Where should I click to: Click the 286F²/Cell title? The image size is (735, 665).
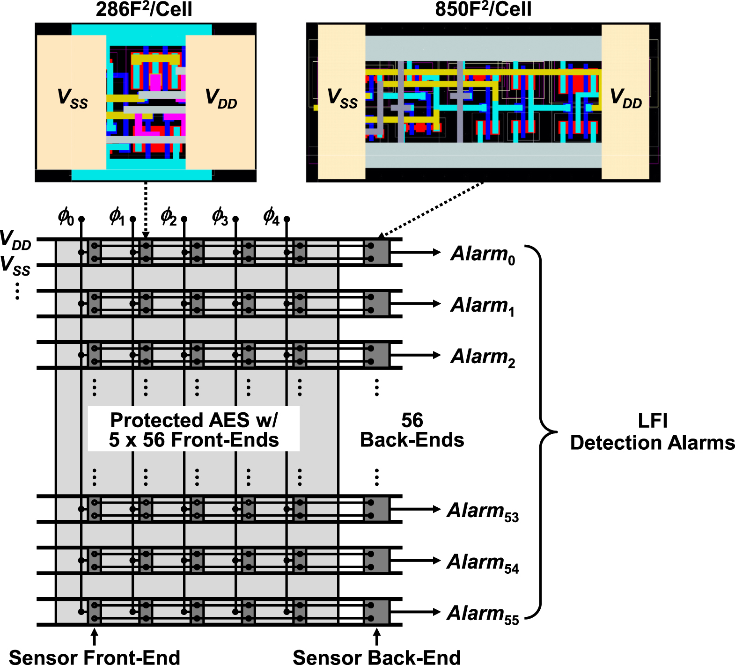coord(144,9)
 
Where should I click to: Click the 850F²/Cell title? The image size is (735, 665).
coord(483,9)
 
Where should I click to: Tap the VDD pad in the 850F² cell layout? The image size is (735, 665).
coord(625,101)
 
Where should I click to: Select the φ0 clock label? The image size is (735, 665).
coord(66,217)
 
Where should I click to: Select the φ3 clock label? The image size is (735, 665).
coord(220,217)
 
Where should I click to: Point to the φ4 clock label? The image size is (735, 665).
coord(271,217)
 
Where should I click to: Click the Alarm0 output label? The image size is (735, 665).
coord(483,254)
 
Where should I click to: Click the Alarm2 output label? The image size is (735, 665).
coord(483,357)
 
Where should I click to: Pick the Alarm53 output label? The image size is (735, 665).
coord(483,511)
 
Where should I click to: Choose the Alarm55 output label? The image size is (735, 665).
coord(483,614)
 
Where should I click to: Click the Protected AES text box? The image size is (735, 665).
coord(194,430)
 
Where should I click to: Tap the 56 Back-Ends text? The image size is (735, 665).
coord(412,430)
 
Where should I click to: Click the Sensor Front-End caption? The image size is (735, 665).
coord(95,657)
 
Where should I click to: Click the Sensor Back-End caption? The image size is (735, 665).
coord(376,657)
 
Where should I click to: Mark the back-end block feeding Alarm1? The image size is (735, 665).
coord(377,304)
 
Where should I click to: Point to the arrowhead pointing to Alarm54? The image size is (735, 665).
coord(437,561)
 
